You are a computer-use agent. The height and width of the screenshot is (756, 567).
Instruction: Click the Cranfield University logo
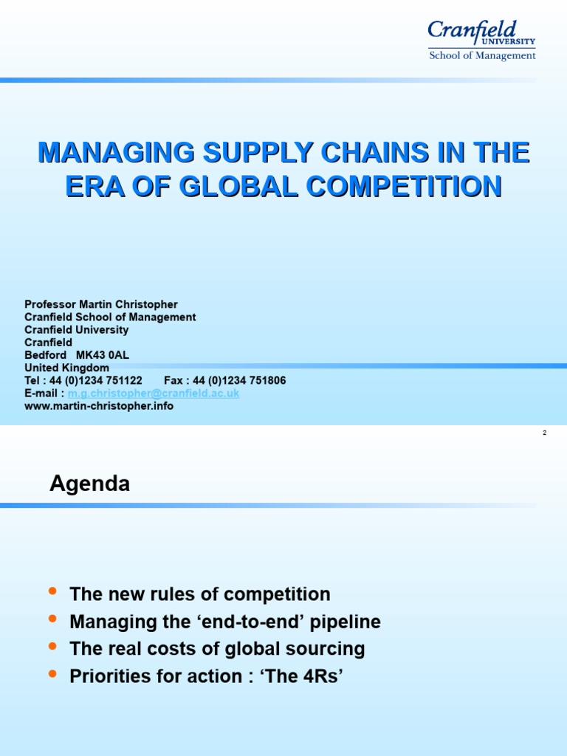(481, 33)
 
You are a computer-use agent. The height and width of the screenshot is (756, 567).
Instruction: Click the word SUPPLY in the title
(234, 153)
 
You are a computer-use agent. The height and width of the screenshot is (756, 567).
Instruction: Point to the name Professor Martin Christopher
(101, 304)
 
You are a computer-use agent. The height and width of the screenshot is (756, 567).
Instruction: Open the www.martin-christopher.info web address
(99, 406)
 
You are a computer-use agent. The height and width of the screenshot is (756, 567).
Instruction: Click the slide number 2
(544, 433)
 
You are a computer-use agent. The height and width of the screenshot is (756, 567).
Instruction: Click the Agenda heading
(89, 484)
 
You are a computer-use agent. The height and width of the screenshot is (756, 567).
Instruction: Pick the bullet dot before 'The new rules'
(52, 592)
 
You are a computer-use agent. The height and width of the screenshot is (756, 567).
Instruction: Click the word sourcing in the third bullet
(329, 650)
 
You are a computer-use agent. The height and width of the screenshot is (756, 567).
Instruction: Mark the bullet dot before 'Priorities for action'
(52, 674)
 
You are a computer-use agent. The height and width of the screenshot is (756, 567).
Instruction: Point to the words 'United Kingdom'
(66, 368)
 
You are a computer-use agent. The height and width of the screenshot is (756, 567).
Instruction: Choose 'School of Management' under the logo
(482, 56)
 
